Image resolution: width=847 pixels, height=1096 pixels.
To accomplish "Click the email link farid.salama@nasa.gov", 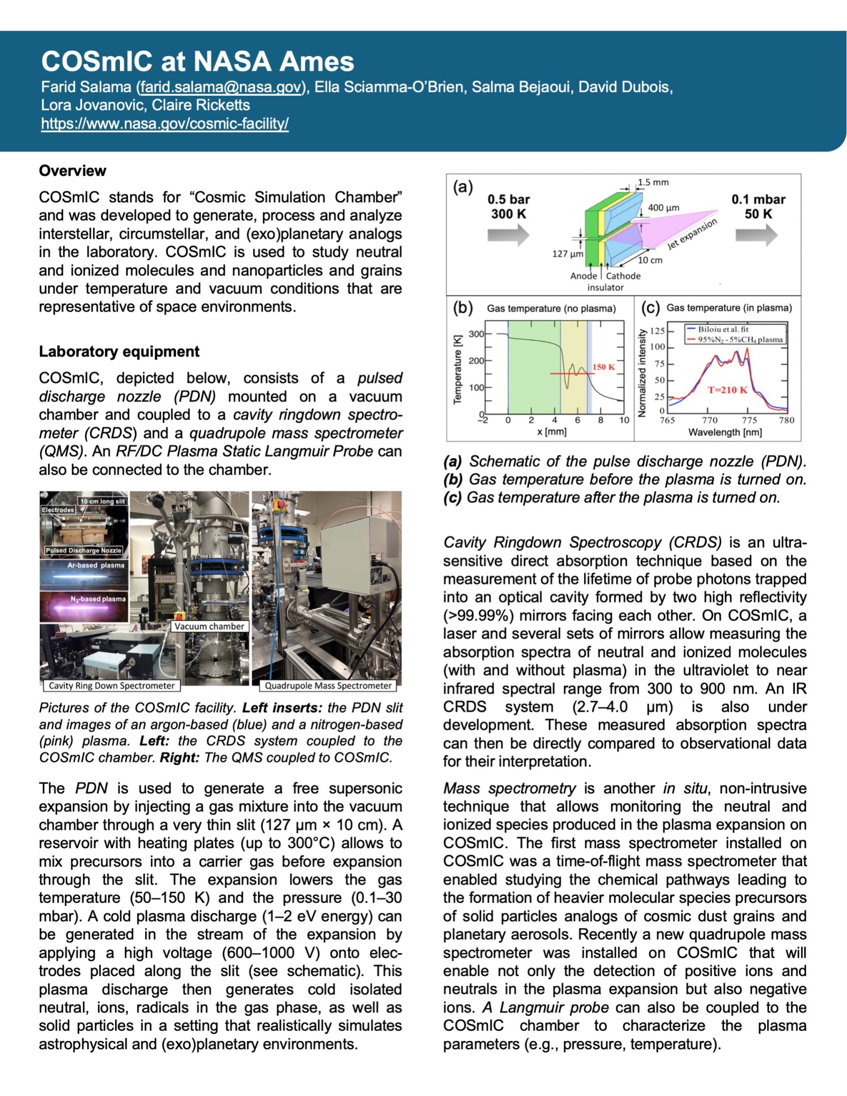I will [220, 87].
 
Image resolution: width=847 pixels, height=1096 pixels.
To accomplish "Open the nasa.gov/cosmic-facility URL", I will [165, 124].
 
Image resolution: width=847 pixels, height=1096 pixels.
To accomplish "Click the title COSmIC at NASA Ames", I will [198, 62].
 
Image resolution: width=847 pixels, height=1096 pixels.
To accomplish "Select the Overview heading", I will [72, 171].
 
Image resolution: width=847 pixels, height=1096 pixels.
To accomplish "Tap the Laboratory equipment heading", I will [119, 351].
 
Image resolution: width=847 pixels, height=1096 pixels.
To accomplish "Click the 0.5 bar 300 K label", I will [508, 207].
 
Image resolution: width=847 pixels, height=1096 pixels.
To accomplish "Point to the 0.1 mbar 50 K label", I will [758, 207].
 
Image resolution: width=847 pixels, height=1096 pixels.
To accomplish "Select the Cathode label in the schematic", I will [623, 276].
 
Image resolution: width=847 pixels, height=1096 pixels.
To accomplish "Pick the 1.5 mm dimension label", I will [653, 183].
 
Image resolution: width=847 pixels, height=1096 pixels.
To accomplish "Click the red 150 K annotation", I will [603, 367].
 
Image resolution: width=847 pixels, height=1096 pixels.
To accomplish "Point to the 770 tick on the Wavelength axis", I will [710, 420].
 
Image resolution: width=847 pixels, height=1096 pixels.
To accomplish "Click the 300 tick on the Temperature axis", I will [476, 334].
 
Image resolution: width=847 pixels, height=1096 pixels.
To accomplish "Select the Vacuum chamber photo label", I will [209, 626].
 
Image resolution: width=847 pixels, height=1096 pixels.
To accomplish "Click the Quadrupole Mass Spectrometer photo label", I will [328, 686].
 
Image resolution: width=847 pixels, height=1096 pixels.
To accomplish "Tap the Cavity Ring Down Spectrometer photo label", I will [111, 686].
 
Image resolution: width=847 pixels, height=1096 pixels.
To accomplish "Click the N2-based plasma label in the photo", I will [98, 599].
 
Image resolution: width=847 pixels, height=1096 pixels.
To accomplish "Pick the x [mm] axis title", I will [551, 432].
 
